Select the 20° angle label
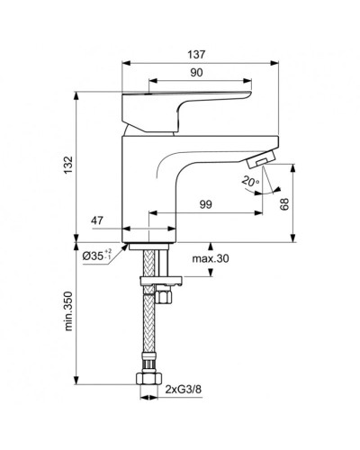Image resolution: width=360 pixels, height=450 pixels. coord(249,180)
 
